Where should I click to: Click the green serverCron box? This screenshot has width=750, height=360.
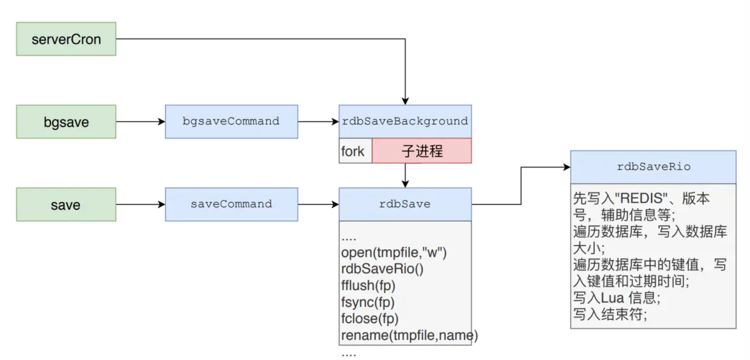coord(66,39)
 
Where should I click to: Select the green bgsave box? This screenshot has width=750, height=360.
coord(66,122)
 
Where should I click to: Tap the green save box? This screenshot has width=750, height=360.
coord(66,205)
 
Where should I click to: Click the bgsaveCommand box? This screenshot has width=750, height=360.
coord(231,122)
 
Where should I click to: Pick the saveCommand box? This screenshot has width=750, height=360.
coord(231,205)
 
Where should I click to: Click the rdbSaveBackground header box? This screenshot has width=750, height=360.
coord(405,121)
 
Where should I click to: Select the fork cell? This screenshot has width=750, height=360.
coord(354,151)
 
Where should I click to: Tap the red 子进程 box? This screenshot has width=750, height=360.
coord(422,151)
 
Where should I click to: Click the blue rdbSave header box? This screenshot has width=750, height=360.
coord(405,205)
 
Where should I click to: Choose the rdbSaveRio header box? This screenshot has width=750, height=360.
coord(653,167)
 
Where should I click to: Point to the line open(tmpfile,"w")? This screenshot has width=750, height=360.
coord(397,253)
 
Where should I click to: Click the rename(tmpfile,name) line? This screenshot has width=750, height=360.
coord(409,335)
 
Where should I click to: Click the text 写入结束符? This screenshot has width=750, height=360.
coord(610,313)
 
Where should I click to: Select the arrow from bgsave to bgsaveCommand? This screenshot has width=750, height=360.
coord(140,122)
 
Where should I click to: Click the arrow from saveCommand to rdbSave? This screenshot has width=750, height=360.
coord(318,205)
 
